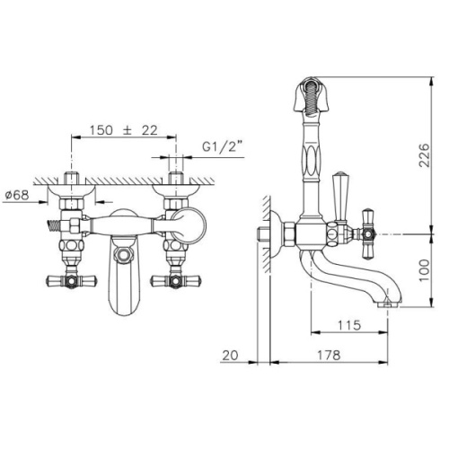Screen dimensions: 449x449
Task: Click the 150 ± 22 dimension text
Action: (124, 130)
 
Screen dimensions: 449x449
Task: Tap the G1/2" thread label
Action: (223, 147)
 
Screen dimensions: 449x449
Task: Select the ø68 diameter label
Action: (17, 195)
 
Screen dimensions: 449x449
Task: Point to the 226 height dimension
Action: (424, 155)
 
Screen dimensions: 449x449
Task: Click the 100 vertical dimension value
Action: (424, 270)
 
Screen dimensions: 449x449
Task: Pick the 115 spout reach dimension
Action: (349, 325)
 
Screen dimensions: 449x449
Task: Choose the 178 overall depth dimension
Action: (329, 356)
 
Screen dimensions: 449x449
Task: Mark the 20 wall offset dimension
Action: (230, 356)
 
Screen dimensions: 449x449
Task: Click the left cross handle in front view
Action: (71, 280)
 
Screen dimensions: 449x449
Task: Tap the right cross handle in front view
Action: (176, 281)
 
